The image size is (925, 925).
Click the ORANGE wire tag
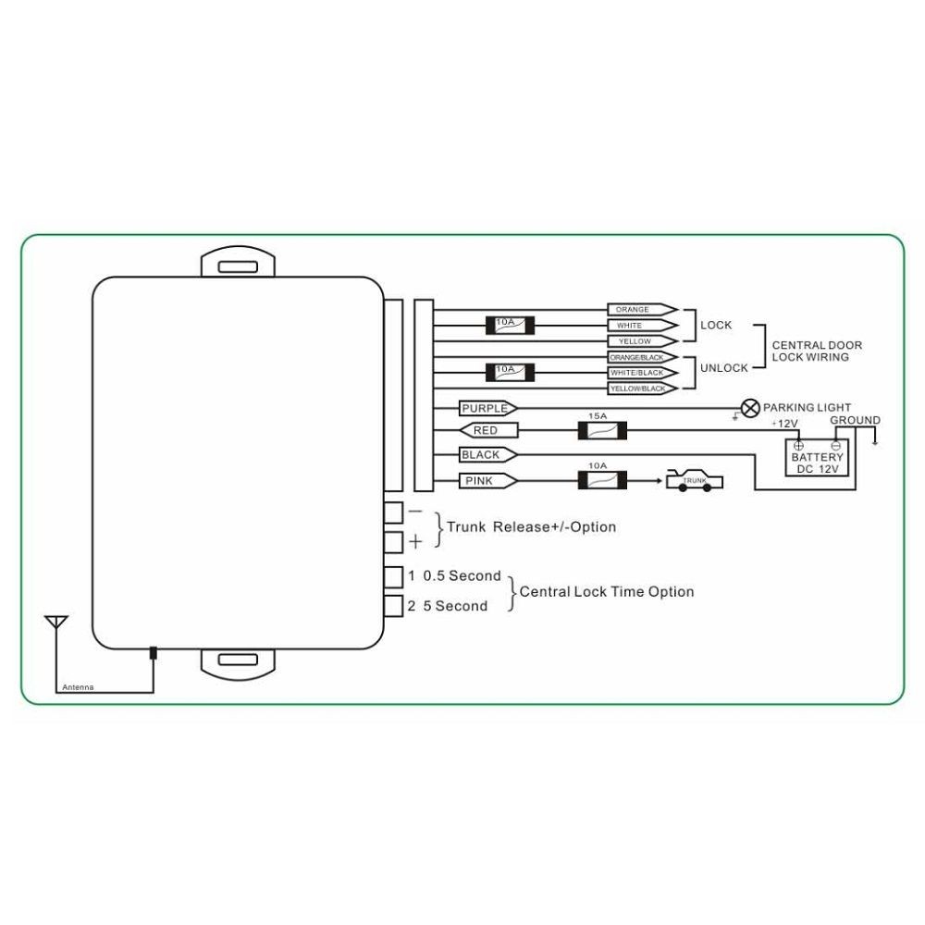click(643, 310)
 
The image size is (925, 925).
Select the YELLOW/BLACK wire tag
click(643, 388)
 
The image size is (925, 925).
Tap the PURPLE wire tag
click(487, 408)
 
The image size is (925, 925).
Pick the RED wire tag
click(487, 431)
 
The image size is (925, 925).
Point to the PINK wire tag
click(487, 481)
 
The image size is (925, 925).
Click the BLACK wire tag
click(487, 455)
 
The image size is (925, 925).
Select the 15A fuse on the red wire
click(602, 431)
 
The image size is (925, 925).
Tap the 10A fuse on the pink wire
click(602, 480)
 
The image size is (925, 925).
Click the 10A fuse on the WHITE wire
click(510, 326)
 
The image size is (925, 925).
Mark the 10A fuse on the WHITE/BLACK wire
click(510, 373)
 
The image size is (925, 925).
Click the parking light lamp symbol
click(750, 408)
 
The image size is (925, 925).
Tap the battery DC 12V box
click(817, 458)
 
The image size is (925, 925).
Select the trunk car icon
click(695, 480)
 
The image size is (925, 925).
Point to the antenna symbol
click(56, 623)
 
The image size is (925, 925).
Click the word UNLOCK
click(724, 368)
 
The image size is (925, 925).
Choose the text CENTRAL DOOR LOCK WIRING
click(817, 351)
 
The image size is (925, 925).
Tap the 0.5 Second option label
click(462, 575)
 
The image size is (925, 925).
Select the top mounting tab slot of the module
click(238, 267)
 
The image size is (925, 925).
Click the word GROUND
click(855, 420)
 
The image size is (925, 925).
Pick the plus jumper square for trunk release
click(393, 542)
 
